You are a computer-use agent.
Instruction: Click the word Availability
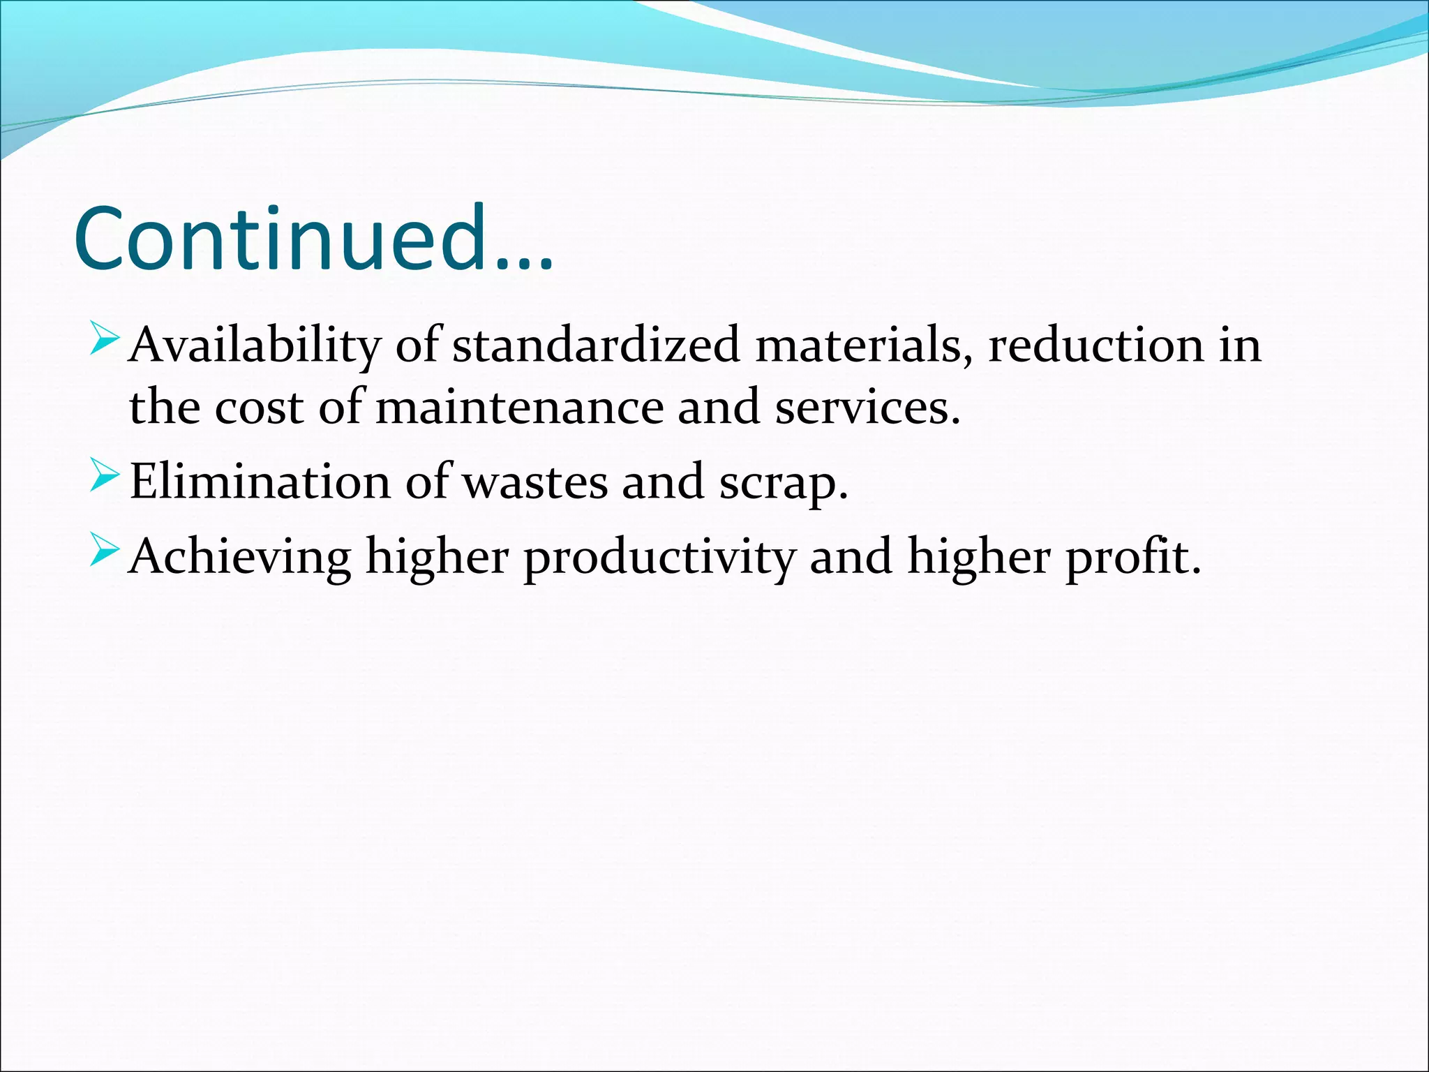point(255,345)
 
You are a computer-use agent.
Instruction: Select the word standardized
point(596,345)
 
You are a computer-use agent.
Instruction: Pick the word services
point(867,407)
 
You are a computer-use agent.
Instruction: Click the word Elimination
point(260,482)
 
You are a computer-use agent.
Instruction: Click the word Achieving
point(240,557)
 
